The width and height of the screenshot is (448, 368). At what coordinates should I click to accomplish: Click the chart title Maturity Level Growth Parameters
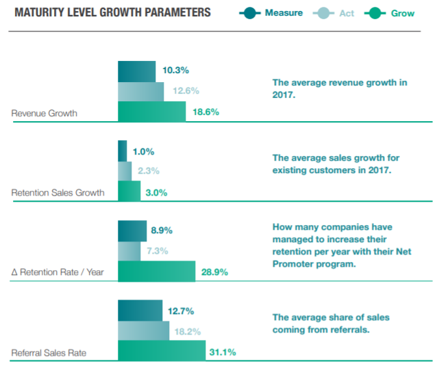112,13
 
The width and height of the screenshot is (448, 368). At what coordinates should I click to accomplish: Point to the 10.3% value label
175,70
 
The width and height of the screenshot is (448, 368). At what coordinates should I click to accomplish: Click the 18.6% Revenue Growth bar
151,111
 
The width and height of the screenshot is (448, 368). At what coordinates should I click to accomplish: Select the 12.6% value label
185,90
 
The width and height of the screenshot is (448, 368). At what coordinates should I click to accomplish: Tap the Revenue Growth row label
44,114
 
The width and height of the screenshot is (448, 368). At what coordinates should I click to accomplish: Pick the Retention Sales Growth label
58,192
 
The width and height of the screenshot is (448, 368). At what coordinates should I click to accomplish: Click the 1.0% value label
143,151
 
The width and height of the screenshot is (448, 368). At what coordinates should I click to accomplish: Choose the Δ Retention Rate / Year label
58,272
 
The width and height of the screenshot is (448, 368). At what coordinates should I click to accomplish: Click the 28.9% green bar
156,271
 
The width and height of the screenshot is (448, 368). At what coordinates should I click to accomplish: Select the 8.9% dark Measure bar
132,231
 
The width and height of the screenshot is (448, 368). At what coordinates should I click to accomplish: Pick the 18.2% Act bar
143,330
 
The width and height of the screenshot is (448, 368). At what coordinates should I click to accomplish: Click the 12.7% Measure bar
140,310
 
